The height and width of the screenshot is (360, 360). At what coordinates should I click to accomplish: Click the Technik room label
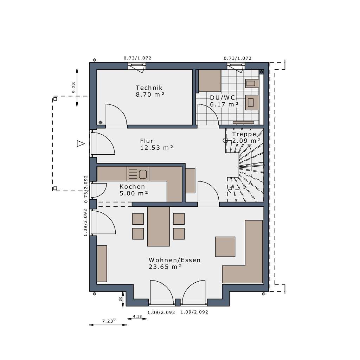pyautogui.click(x=149, y=88)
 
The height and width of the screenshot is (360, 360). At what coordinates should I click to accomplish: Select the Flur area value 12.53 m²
pyautogui.click(x=156, y=148)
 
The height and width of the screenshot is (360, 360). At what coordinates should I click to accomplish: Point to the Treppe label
pyautogui.click(x=244, y=134)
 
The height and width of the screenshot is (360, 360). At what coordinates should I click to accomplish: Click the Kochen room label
pyautogui.click(x=132, y=187)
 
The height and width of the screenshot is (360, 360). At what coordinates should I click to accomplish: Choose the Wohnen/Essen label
pyautogui.click(x=174, y=260)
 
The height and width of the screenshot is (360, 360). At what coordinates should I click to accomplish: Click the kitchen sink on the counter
pyautogui.click(x=142, y=174)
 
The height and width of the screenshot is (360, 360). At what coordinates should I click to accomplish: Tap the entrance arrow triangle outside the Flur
pyautogui.click(x=81, y=143)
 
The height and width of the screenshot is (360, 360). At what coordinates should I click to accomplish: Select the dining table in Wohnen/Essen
pyautogui.click(x=158, y=226)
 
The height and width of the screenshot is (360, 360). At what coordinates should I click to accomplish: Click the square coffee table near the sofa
pyautogui.click(x=225, y=246)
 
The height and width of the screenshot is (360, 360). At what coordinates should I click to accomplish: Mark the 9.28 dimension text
pyautogui.click(x=73, y=88)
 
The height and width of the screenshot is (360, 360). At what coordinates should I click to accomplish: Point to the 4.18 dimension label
pyautogui.click(x=137, y=316)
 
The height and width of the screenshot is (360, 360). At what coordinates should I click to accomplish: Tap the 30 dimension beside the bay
pyautogui.click(x=121, y=298)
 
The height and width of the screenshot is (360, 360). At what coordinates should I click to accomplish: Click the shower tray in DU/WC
pyautogui.click(x=210, y=81)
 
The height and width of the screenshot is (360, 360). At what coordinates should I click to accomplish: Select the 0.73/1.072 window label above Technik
pyautogui.click(x=137, y=58)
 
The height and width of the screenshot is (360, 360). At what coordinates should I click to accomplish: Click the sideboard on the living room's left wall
pyautogui.click(x=102, y=264)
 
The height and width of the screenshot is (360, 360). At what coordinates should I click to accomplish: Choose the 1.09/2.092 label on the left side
pyautogui.click(x=85, y=223)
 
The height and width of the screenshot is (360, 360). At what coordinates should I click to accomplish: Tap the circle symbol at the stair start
pyautogui.click(x=225, y=141)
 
